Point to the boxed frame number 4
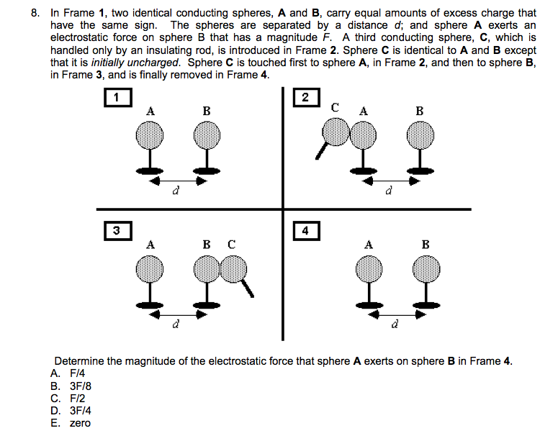click(x=306, y=230)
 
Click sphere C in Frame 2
click(x=335, y=132)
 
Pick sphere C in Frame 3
click(x=232, y=270)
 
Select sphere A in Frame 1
click(x=151, y=133)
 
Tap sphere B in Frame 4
click(x=425, y=270)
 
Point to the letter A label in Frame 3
click(x=150, y=244)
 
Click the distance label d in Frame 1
click(x=175, y=192)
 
